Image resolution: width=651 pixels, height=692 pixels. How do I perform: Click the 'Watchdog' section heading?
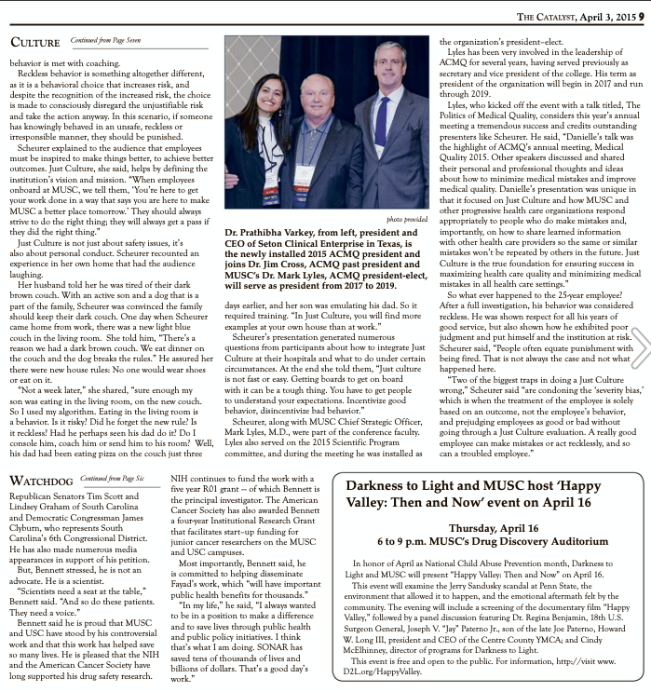point(42,481)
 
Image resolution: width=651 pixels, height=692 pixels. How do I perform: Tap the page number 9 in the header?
point(643,13)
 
